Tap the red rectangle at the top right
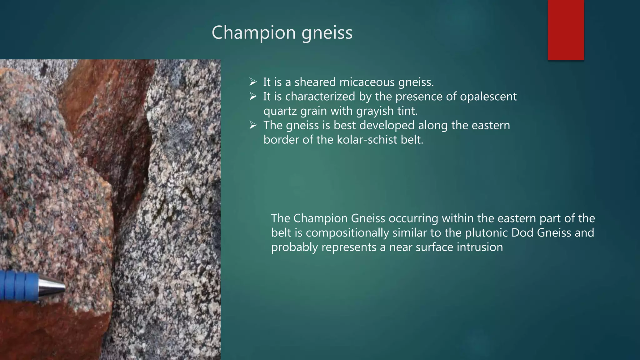566,30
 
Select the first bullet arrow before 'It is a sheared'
253,82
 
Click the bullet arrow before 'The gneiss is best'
253,125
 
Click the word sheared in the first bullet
315,82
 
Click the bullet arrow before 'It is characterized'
253,97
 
